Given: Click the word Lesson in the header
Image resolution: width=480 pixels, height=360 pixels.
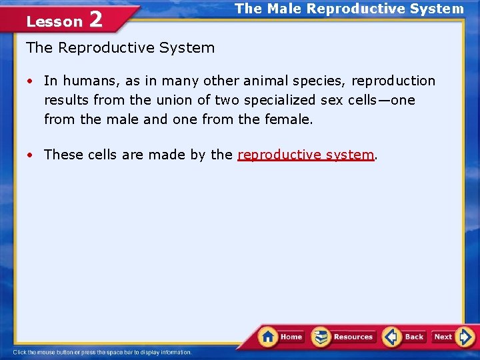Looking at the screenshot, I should (x=54, y=21).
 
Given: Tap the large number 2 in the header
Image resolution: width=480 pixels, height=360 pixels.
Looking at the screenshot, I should (x=95, y=19).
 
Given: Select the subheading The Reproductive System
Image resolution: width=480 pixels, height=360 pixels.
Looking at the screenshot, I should (x=120, y=48).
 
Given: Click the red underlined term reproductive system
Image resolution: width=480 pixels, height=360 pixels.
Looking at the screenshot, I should (x=306, y=155).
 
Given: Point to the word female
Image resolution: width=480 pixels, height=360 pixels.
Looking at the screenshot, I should (x=289, y=119).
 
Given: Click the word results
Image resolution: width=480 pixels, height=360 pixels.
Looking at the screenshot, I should (x=66, y=100).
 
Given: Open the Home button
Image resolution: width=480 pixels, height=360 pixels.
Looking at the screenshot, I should (x=281, y=337).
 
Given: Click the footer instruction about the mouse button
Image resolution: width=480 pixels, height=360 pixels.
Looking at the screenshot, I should (x=102, y=352).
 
